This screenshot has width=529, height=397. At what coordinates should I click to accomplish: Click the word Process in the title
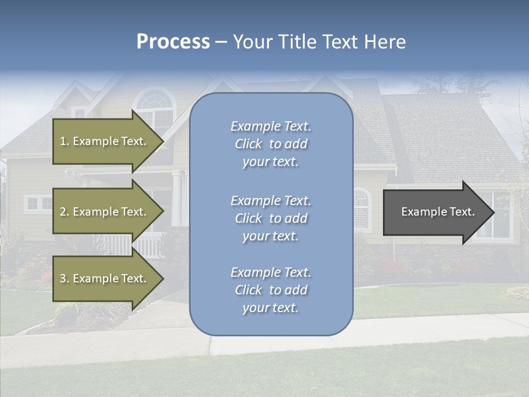tap(173, 42)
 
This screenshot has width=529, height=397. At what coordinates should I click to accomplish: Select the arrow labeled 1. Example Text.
tap(105, 141)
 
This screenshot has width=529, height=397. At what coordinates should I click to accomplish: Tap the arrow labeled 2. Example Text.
tap(105, 212)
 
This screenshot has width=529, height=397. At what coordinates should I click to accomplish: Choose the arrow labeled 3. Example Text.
tap(105, 278)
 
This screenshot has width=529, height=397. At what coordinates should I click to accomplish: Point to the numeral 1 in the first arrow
tap(63, 141)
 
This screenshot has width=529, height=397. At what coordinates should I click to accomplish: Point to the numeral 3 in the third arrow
tap(63, 278)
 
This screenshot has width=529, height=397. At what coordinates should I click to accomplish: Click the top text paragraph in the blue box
tap(271, 144)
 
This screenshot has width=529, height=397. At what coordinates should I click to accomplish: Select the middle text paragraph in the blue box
tap(271, 218)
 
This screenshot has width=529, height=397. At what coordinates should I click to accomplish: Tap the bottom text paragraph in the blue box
tap(271, 290)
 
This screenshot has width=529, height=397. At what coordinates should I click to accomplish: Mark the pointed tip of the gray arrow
tap(493, 212)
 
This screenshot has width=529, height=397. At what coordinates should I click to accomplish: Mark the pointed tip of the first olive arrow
tap(163, 141)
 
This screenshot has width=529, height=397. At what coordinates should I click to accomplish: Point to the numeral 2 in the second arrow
tap(63, 212)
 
